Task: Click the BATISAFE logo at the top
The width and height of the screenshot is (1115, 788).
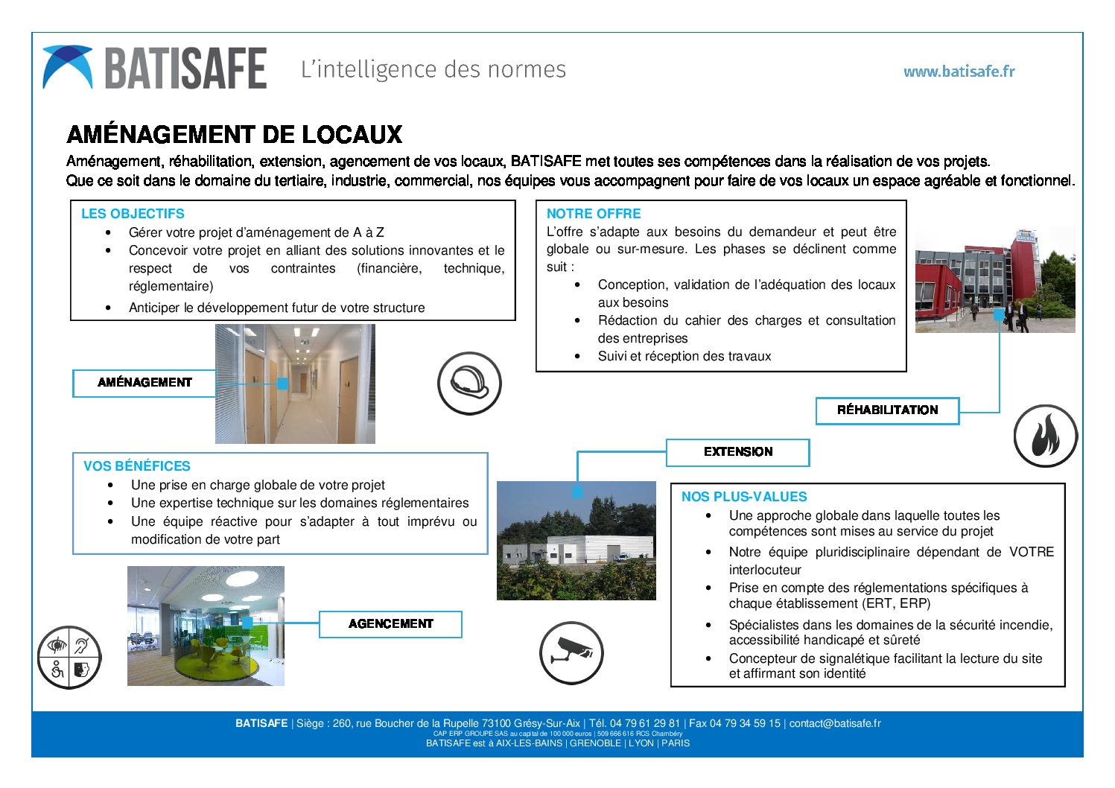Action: click(155, 69)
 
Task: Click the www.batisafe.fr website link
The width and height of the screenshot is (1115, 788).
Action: click(959, 72)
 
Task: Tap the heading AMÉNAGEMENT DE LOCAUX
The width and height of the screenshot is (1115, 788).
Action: click(235, 135)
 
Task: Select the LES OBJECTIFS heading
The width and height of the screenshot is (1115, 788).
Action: click(133, 214)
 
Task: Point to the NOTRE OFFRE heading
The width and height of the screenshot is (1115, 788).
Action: click(594, 214)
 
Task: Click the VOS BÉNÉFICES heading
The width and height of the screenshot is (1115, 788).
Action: click(137, 466)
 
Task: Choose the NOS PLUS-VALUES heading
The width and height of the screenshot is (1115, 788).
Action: click(744, 497)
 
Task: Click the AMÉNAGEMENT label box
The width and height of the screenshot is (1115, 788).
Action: click(144, 383)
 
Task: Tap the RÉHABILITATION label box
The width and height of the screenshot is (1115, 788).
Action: click(887, 410)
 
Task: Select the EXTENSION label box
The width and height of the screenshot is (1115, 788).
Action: click(737, 452)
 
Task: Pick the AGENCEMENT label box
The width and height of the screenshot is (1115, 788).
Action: click(390, 624)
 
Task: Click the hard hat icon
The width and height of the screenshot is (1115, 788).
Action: click(469, 384)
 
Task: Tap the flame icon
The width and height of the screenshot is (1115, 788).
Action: click(1046, 436)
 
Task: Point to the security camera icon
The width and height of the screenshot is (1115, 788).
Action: click(571, 652)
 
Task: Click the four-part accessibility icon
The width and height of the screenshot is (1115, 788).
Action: click(69, 658)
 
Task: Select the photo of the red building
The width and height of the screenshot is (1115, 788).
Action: click(994, 279)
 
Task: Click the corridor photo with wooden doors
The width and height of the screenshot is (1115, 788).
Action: click(295, 384)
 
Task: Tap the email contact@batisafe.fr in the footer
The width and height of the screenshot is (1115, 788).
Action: click(834, 723)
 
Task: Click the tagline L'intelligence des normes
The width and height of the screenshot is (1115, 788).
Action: click(433, 69)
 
